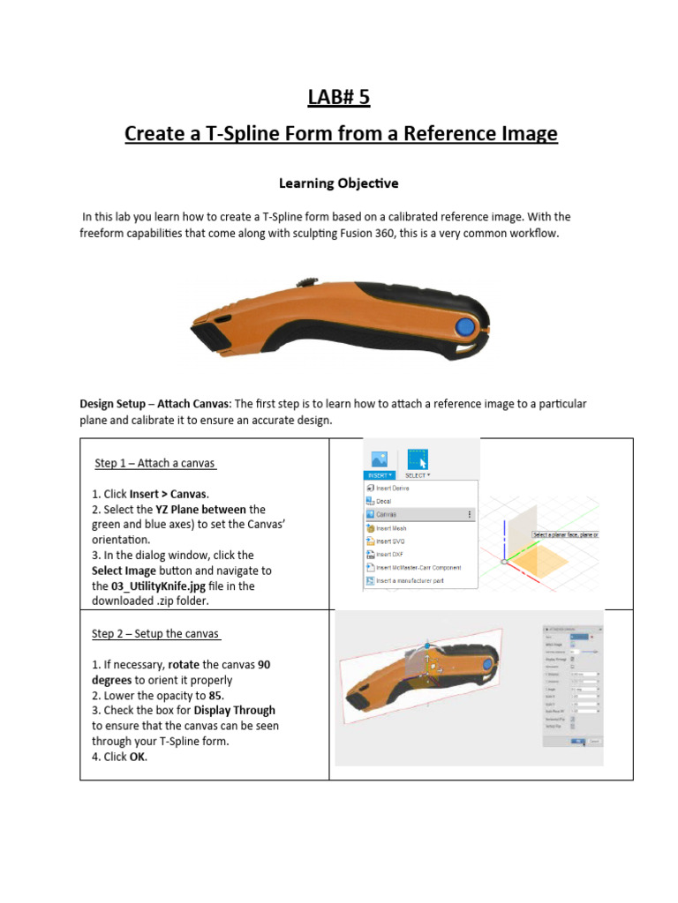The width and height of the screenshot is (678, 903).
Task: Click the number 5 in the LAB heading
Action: (364, 97)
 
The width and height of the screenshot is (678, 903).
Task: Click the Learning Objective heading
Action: (338, 183)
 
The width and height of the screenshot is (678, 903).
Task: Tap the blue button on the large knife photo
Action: (462, 328)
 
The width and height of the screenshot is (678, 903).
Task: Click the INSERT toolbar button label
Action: (378, 474)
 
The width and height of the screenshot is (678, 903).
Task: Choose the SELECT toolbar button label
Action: (417, 474)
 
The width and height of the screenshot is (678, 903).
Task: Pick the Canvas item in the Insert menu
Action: (385, 514)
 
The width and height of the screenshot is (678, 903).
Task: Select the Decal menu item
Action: (383, 501)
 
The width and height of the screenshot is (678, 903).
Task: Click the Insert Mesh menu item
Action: (392, 527)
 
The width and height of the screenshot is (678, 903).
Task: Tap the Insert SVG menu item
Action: (390, 541)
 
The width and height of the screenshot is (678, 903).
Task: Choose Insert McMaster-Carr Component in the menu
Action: (418, 567)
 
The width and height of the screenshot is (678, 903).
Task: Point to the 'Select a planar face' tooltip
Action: (565, 534)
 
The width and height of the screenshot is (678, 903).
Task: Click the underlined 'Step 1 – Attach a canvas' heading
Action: (154, 463)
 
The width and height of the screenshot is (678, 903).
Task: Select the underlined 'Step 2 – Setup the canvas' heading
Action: (156, 633)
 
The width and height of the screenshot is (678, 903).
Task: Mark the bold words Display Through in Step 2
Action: (234, 710)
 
